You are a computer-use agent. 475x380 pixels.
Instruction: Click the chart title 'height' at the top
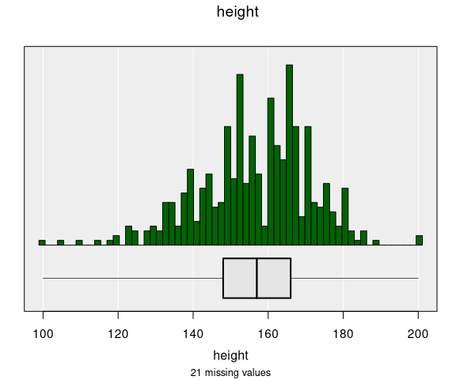point(237,12)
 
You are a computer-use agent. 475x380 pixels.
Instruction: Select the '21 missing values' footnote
point(230,372)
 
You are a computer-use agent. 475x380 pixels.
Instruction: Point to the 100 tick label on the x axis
point(43,332)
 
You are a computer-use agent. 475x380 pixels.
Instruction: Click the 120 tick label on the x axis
point(118,332)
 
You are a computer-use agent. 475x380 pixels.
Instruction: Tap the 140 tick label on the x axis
point(193,332)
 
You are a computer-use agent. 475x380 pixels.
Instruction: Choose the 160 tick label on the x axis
point(268,332)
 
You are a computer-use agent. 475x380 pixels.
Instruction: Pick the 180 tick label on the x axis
point(343,332)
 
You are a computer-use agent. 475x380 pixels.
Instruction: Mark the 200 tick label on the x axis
point(418,332)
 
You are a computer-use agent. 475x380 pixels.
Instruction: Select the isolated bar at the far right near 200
point(420,240)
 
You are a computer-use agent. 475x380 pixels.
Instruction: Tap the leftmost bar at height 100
point(42,242)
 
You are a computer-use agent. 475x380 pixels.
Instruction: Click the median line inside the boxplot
point(257,278)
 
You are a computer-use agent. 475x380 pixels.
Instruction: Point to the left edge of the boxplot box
point(223,278)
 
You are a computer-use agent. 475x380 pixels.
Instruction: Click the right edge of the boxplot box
point(291,278)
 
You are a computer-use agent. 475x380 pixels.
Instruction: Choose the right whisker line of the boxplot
point(356,278)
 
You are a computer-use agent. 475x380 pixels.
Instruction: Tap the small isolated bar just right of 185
point(376,242)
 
